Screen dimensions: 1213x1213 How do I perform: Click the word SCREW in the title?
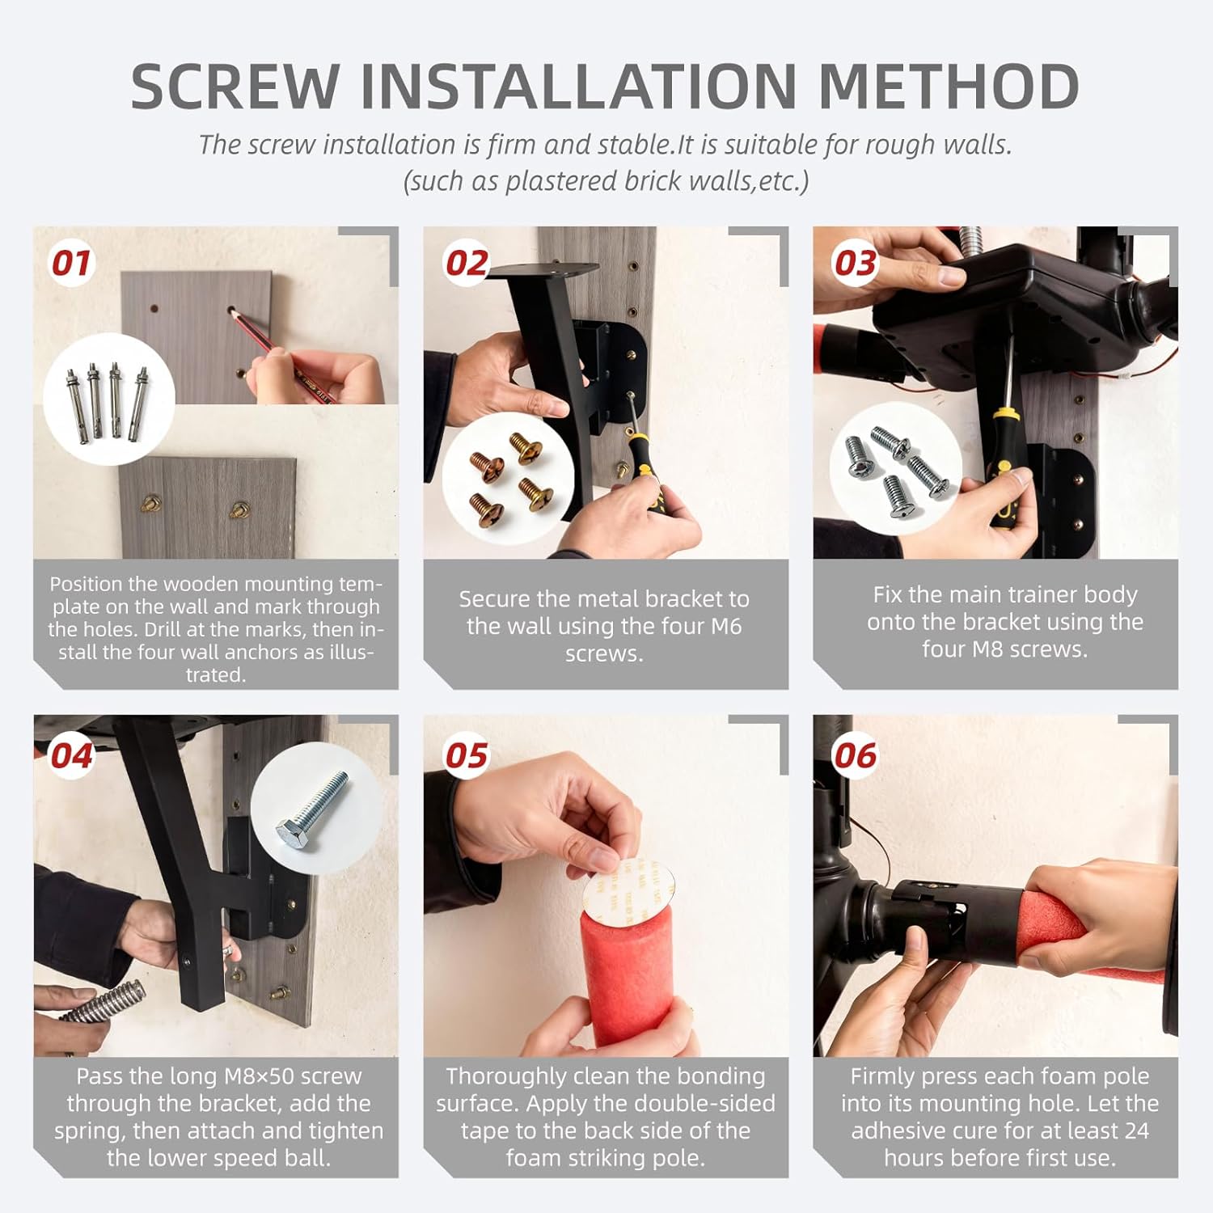(235, 86)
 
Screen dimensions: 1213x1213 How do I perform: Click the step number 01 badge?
(71, 263)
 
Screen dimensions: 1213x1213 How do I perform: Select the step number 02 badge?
(467, 263)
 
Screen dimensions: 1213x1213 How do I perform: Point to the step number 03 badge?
(856, 263)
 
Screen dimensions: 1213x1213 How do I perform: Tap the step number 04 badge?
(71, 756)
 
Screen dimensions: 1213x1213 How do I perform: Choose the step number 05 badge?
(467, 756)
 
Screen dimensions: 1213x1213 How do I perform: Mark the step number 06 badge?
(856, 756)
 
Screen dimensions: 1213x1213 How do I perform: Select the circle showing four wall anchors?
(109, 399)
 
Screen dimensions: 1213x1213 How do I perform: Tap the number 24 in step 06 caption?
(1136, 1131)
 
